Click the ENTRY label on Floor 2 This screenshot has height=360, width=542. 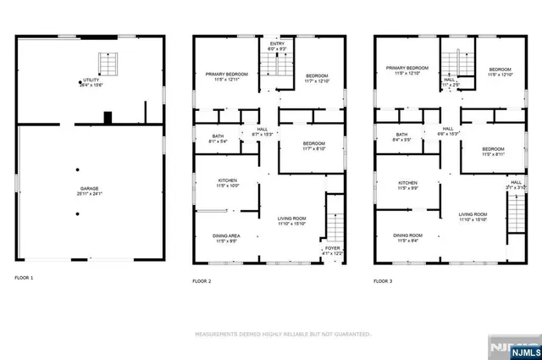click(x=278, y=44)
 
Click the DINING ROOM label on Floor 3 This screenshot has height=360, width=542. click(x=407, y=235)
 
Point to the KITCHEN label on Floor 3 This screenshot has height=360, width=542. click(x=409, y=182)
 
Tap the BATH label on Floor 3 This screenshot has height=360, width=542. click(x=401, y=135)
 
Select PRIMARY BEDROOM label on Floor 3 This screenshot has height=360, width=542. click(x=407, y=69)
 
